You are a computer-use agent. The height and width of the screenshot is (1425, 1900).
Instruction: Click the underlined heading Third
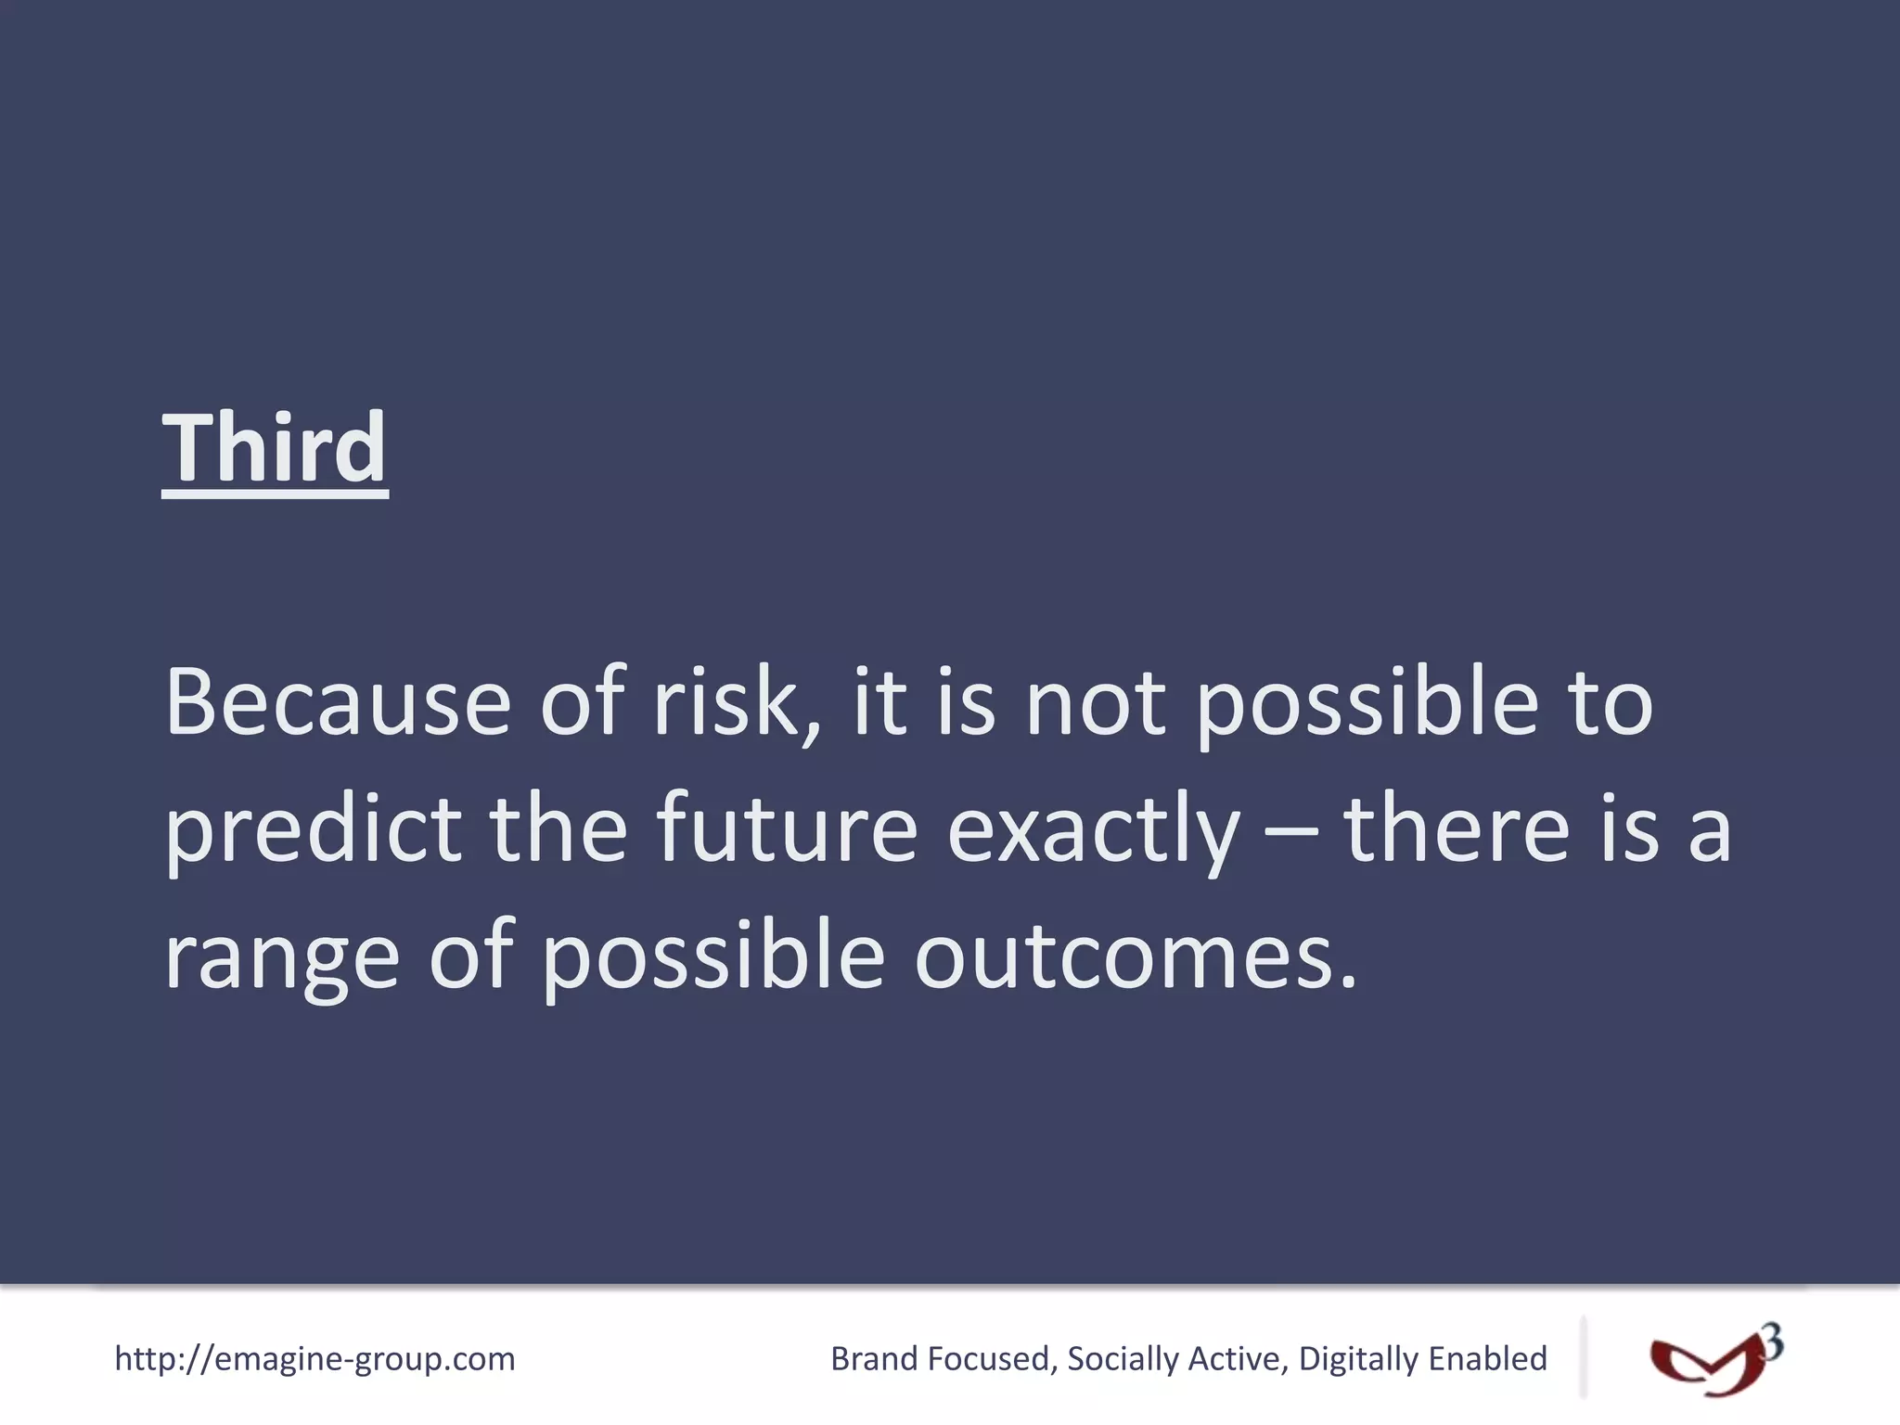point(275,449)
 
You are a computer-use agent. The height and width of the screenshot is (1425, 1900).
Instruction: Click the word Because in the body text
point(338,702)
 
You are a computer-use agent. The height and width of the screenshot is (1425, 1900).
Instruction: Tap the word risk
point(725,702)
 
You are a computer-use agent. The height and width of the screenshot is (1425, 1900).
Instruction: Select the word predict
point(314,829)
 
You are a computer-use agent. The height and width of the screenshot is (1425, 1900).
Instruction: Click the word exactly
point(1093,829)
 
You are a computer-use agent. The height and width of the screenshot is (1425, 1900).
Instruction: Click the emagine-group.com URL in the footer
point(315,1359)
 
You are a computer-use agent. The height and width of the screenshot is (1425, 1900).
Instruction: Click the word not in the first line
point(1095,702)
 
